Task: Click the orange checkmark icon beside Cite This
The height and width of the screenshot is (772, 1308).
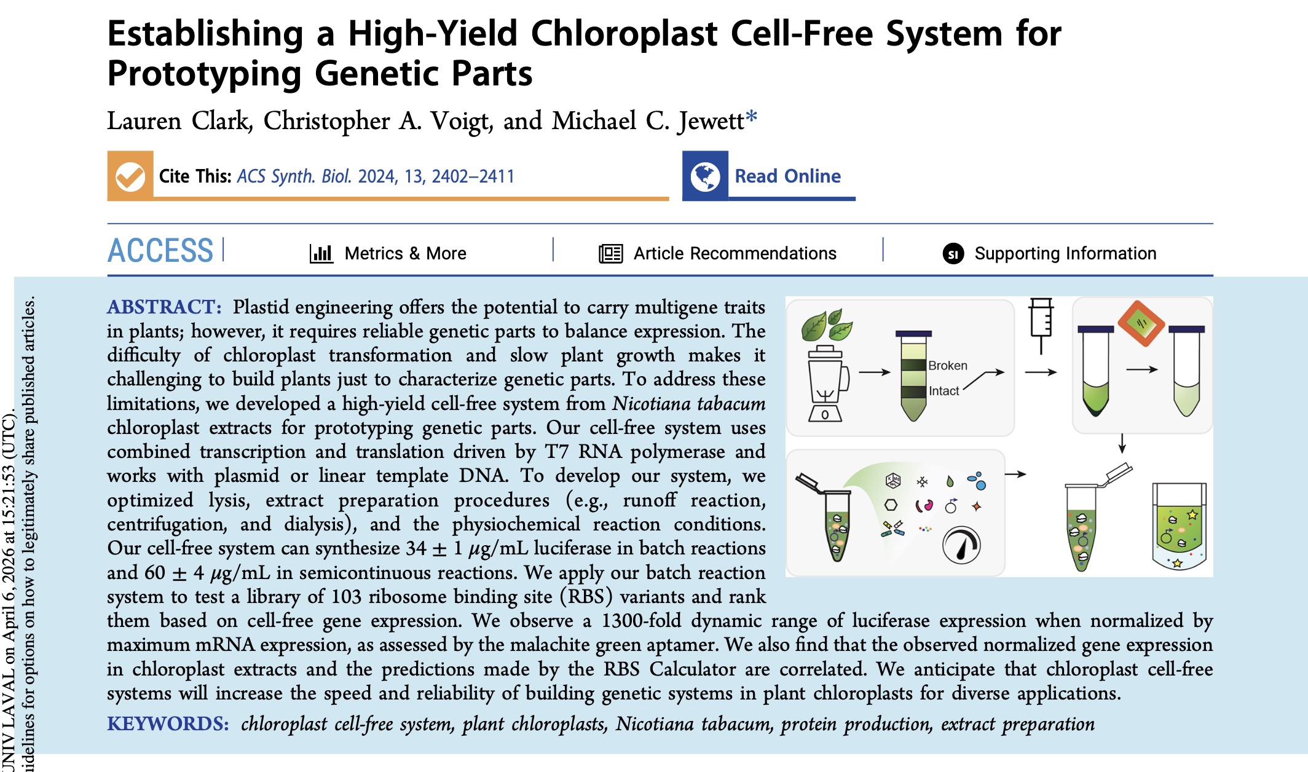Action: pyautogui.click(x=130, y=176)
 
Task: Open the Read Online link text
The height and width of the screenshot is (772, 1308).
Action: pyautogui.click(x=787, y=176)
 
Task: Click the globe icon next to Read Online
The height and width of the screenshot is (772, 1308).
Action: pyautogui.click(x=705, y=176)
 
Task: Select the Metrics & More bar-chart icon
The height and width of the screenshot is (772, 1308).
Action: pyautogui.click(x=321, y=253)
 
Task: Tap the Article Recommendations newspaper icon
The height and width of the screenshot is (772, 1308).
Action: pyautogui.click(x=610, y=253)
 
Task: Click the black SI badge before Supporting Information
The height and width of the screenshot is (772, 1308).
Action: pyautogui.click(x=953, y=253)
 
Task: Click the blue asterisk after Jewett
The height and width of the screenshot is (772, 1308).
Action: pyautogui.click(x=751, y=116)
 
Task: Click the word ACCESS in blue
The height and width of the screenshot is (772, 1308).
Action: pyautogui.click(x=160, y=251)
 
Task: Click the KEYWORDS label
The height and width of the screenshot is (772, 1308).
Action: pyautogui.click(x=168, y=723)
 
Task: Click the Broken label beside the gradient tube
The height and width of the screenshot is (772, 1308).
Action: pyautogui.click(x=947, y=366)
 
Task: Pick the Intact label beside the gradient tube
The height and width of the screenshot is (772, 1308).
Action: pyautogui.click(x=944, y=391)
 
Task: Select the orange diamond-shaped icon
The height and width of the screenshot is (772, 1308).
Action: pyautogui.click(x=1141, y=323)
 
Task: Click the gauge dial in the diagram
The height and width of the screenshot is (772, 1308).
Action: pyautogui.click(x=961, y=545)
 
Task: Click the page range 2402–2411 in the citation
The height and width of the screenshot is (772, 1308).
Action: pyautogui.click(x=473, y=176)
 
